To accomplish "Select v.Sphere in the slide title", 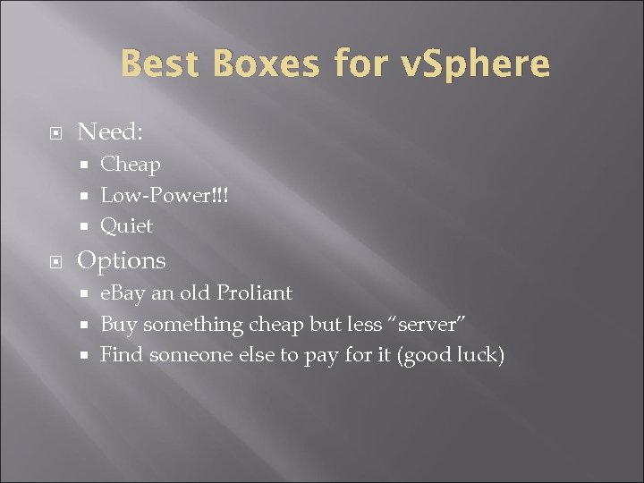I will [476, 64].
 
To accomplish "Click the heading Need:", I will [110, 132].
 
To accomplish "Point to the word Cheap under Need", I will [131, 165].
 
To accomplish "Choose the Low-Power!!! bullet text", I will [165, 195].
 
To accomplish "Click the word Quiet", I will [126, 225].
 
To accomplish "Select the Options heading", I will [122, 260].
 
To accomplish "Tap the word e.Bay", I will [123, 293].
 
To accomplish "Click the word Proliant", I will [253, 293].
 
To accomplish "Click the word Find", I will [121, 355].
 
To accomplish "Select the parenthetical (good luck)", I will [451, 355].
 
